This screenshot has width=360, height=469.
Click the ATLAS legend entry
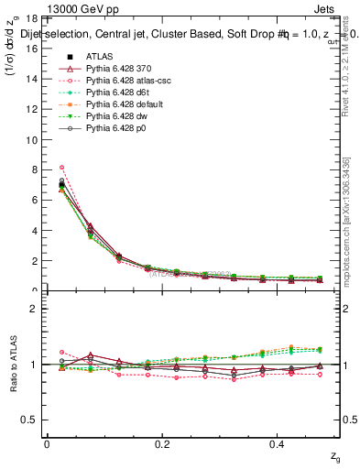[102, 56]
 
